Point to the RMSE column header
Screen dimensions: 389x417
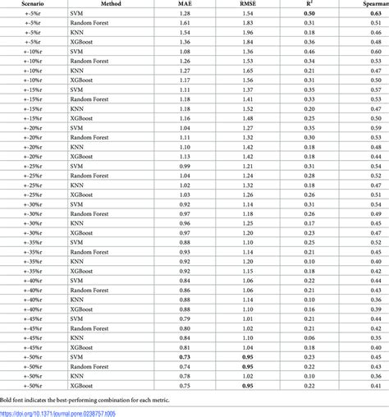click(246, 5)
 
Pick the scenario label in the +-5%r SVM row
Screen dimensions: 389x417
click(14, 15)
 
